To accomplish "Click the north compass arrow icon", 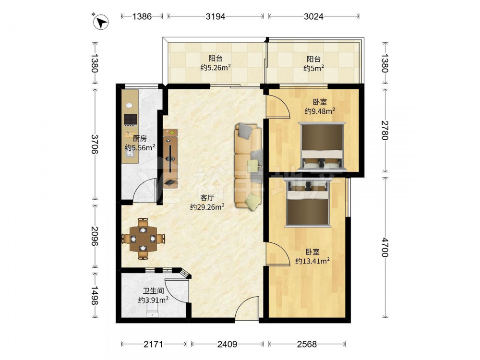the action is (x=101, y=22).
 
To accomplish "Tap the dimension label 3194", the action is (x=216, y=16).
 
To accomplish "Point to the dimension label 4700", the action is (x=385, y=247).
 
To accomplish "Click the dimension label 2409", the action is (x=227, y=344).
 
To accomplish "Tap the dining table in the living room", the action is (x=143, y=239).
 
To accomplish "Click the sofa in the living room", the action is (x=249, y=167).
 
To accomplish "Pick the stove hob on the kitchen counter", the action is (x=131, y=120).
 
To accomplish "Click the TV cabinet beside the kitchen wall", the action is (x=170, y=158).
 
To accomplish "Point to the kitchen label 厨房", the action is (x=140, y=138).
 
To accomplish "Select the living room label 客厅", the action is (x=207, y=198).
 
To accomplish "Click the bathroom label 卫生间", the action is (x=153, y=291).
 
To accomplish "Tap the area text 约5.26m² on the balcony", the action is (x=216, y=68).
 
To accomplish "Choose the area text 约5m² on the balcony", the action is (x=314, y=68).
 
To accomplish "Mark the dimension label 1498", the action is (x=95, y=296).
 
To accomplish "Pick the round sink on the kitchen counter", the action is (x=129, y=106).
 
